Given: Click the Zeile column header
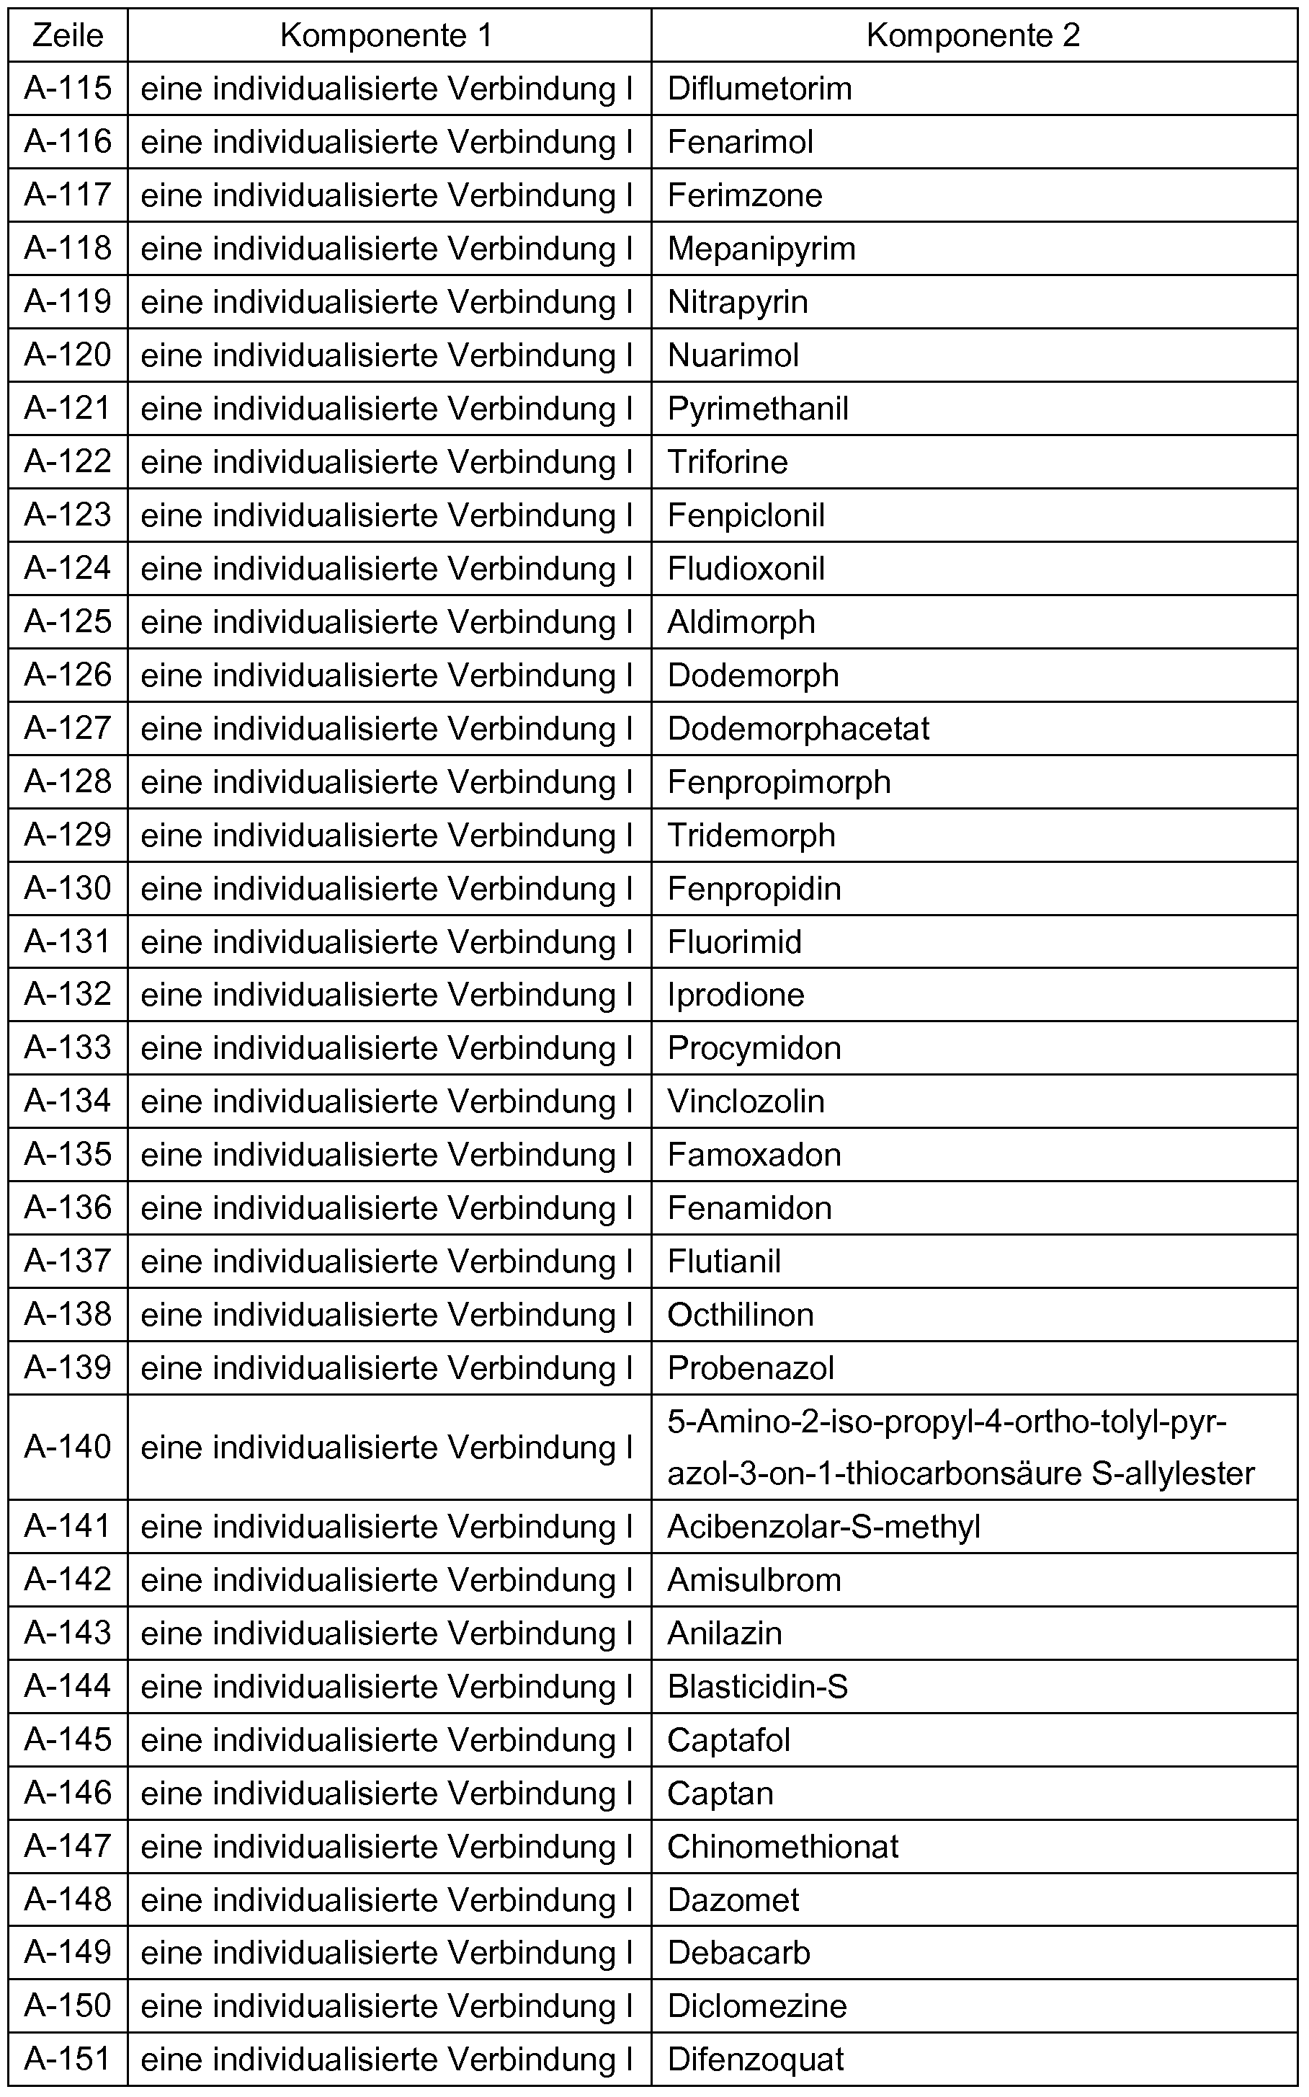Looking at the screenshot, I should pos(68,35).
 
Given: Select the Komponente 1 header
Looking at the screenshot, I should pos(387,35).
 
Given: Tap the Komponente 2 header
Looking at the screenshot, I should pos(973,35).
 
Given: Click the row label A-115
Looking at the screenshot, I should pos(68,89).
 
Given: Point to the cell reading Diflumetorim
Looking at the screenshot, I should pos(759,89).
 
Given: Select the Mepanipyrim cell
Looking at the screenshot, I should pos(761,249).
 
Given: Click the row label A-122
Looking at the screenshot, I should pos(68,461).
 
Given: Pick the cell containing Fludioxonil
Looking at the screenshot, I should pos(746,569).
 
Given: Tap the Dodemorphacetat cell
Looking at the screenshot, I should pos(798,729).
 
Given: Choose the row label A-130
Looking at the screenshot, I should pos(68,889).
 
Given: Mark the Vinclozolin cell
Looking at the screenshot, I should pos(746,1101).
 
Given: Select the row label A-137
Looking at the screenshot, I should pos(68,1261).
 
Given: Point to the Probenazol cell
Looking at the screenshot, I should pos(750,1368).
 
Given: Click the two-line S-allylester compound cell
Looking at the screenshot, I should pos(960,1448).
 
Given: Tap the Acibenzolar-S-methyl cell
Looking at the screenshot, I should pos(823,1527).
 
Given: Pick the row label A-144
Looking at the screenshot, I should pos(68,1686).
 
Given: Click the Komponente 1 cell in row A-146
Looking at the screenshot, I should pos(387,1794).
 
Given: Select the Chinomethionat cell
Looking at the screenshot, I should pos(782,1848).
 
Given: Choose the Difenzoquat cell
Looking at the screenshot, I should pos(755,2060).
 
